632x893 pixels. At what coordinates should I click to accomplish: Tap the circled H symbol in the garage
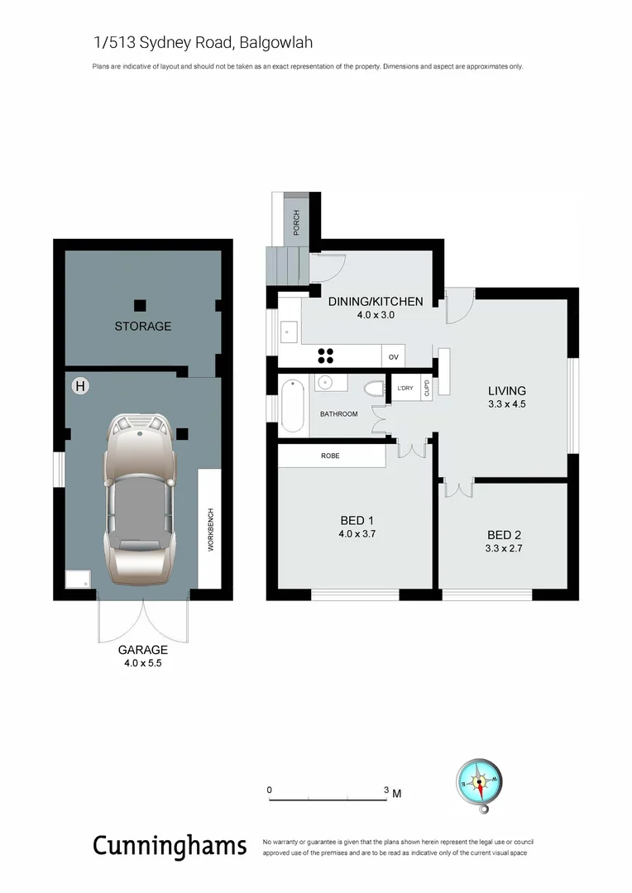(x=80, y=385)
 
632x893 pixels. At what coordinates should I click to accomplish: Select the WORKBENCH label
(x=211, y=530)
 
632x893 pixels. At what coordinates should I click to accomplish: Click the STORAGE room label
(x=143, y=327)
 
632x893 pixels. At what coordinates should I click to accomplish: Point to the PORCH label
(x=296, y=221)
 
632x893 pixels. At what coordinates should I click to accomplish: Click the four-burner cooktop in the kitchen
(x=326, y=356)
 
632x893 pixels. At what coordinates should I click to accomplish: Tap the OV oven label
(x=394, y=357)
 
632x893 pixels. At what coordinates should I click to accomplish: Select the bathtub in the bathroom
(x=291, y=406)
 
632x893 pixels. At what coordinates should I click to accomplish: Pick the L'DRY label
(x=405, y=389)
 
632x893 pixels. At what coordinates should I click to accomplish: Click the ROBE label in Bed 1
(x=330, y=456)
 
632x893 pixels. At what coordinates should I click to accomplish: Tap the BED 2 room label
(x=504, y=534)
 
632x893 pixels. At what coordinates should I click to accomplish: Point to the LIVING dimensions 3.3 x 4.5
(x=507, y=404)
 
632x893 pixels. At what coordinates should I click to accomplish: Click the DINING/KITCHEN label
(x=376, y=302)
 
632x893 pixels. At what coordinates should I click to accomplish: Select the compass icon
(x=479, y=779)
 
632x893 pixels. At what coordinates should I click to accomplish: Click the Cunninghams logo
(x=170, y=846)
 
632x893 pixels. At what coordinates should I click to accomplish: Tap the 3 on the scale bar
(x=386, y=790)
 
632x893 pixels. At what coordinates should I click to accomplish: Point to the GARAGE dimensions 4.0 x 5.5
(x=143, y=662)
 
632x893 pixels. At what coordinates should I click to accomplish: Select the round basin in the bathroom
(x=325, y=382)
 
